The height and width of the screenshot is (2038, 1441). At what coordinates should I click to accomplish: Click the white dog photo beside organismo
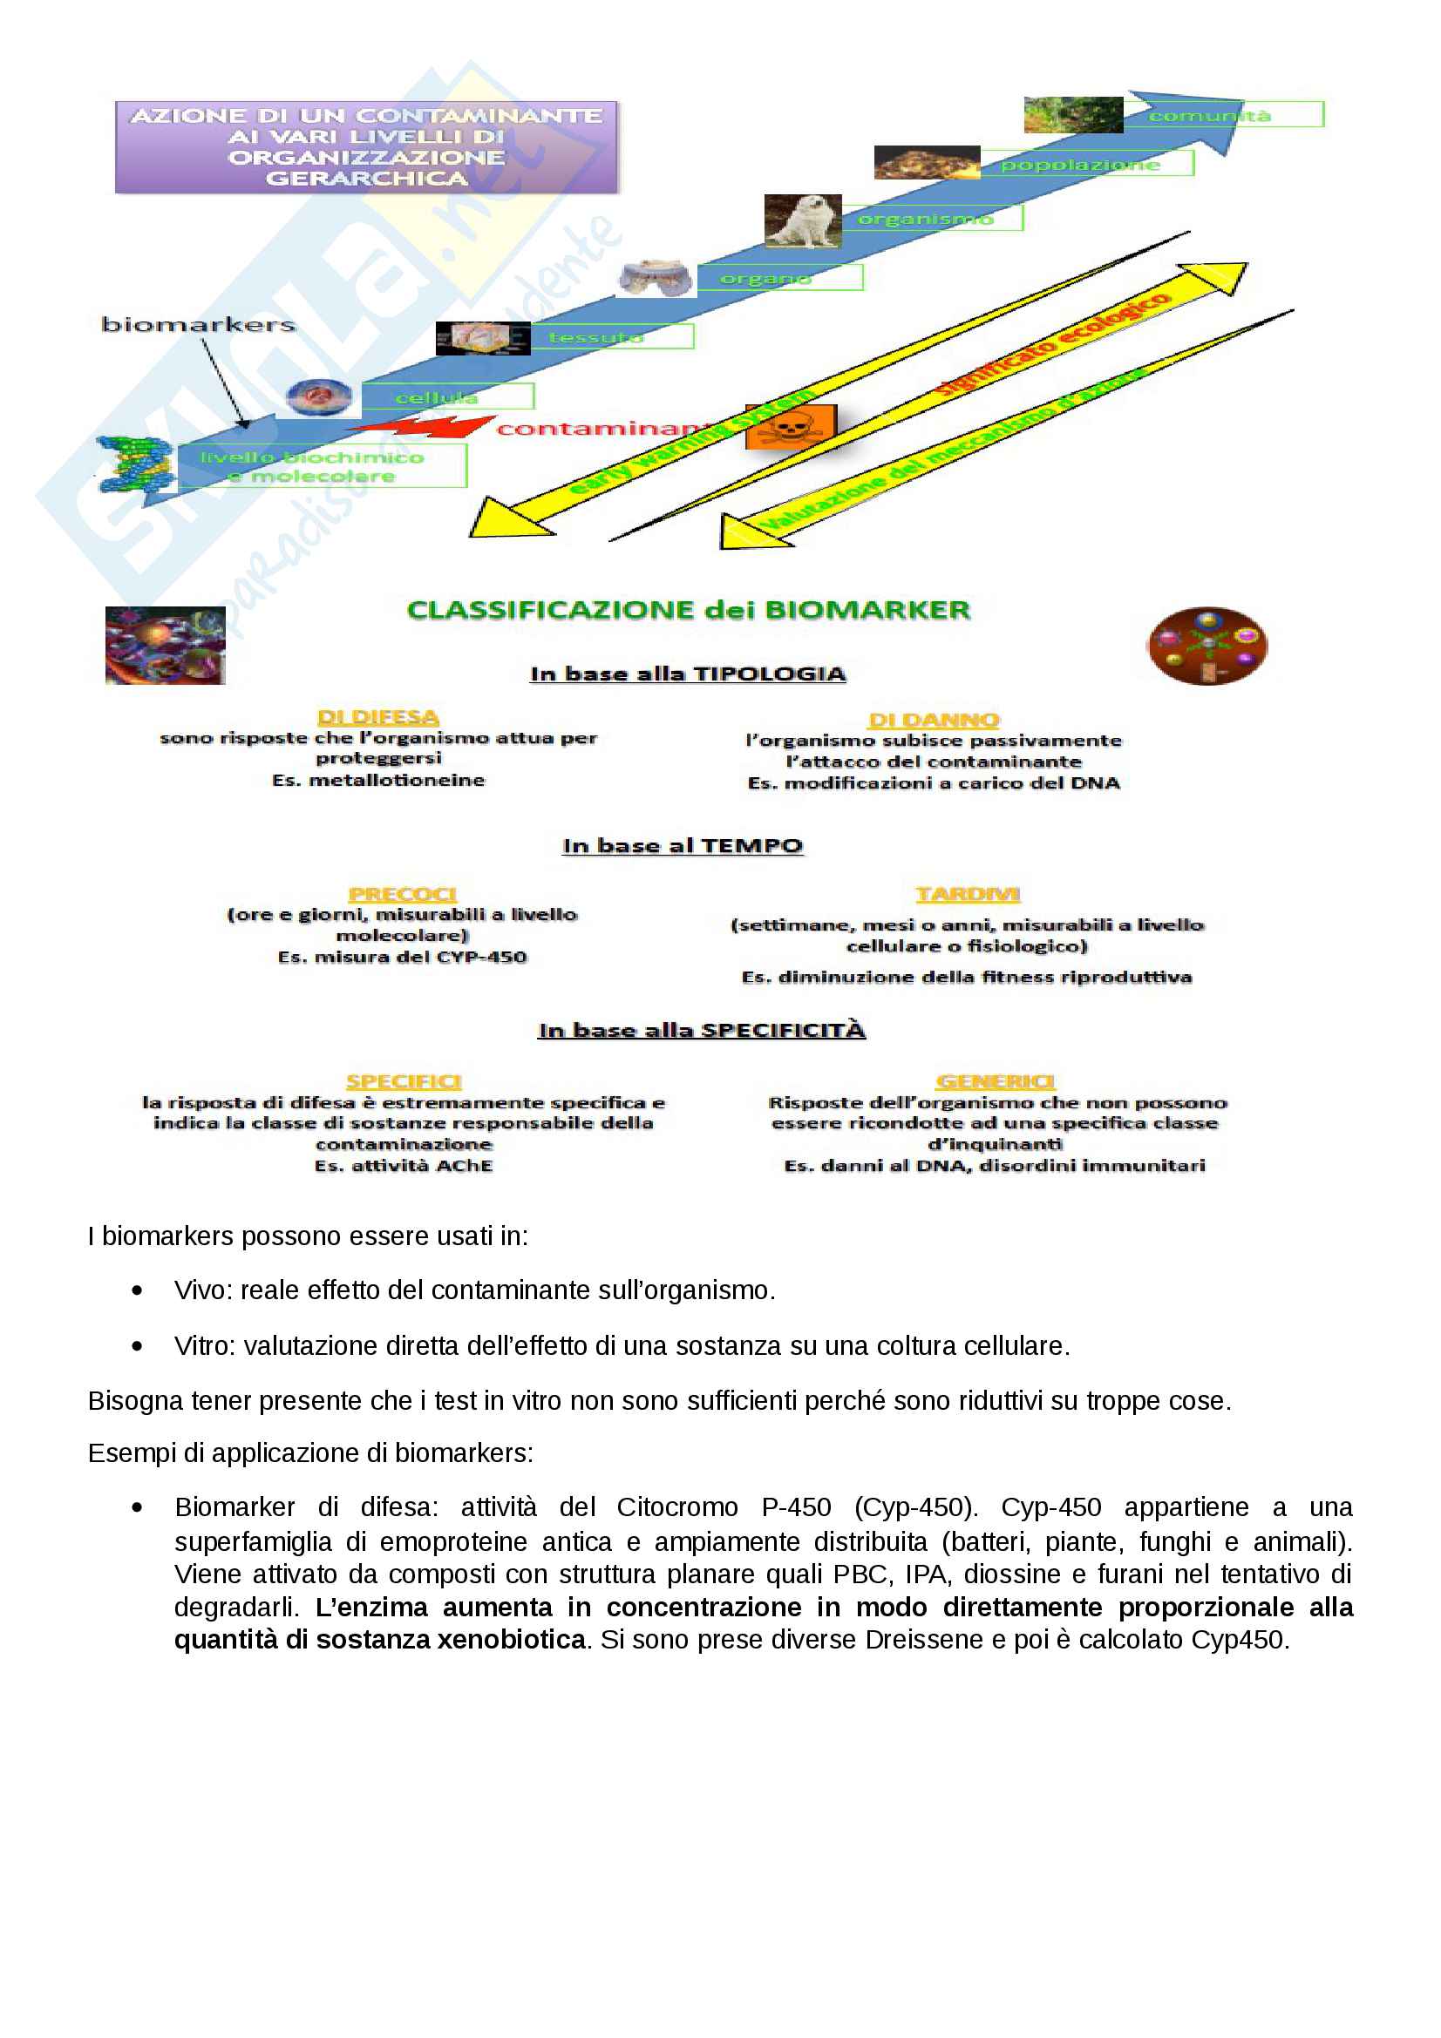[x=802, y=221]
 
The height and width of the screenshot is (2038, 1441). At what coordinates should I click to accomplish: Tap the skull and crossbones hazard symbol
[x=789, y=428]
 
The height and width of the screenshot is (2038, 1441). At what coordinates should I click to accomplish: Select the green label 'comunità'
[x=1209, y=115]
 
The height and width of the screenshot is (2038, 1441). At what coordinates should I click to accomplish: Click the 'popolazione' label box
[x=1079, y=164]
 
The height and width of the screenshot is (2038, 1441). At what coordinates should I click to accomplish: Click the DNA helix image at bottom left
[x=135, y=464]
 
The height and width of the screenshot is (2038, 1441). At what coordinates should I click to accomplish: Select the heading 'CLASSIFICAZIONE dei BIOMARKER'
[x=688, y=611]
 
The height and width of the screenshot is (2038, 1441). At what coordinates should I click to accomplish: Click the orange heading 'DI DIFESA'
[x=378, y=717]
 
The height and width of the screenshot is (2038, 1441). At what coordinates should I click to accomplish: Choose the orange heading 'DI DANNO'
[x=933, y=720]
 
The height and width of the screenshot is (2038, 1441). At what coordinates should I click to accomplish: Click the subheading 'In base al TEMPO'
[x=682, y=846]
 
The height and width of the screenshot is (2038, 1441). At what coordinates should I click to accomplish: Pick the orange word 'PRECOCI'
[x=402, y=895]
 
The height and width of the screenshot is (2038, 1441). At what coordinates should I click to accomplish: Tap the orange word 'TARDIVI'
[x=968, y=894]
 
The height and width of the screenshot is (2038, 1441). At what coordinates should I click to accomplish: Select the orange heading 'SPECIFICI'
[x=404, y=1081]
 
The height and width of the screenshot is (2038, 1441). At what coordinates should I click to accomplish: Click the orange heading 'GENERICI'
[x=996, y=1081]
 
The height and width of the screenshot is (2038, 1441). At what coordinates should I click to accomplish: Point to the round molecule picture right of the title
[x=1206, y=647]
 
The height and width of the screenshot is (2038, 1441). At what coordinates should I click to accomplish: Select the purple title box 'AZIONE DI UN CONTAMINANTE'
[x=366, y=147]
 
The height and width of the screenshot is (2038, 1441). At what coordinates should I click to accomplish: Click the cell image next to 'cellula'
[x=320, y=396]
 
